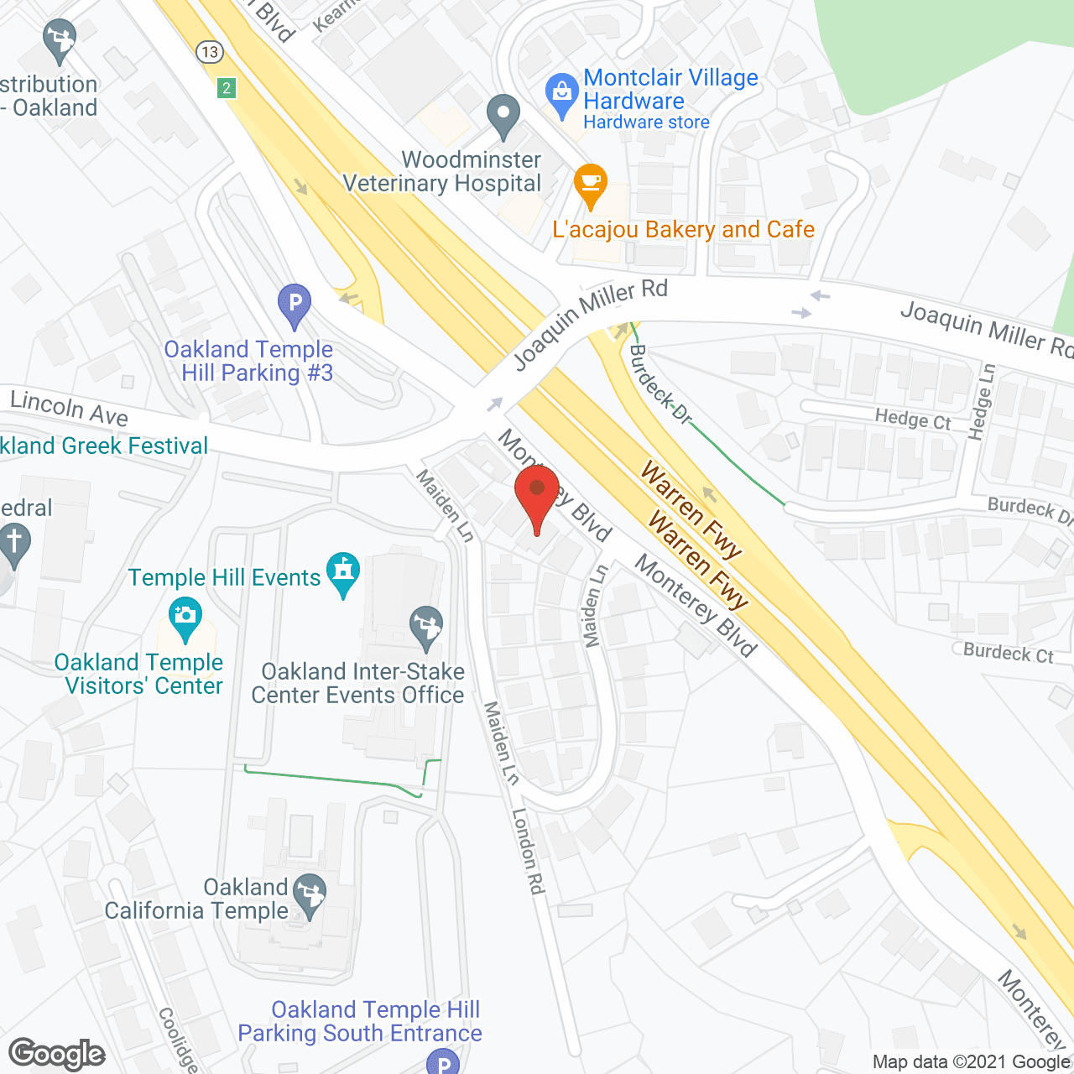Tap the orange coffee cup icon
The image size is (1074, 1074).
click(x=591, y=182)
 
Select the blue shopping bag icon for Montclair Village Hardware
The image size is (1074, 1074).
click(x=561, y=91)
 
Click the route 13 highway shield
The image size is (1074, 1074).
click(x=209, y=52)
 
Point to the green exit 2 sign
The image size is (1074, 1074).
click(x=226, y=87)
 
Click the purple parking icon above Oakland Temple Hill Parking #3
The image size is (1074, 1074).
click(x=295, y=301)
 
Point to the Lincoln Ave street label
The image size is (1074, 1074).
click(x=69, y=408)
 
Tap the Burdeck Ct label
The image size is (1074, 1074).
click(x=1008, y=653)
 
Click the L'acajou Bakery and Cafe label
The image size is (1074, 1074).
click(x=683, y=229)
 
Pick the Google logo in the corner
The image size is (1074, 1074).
click(x=57, y=1053)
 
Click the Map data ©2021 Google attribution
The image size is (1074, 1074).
click(x=972, y=1061)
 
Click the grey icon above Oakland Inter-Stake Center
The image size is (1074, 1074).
click(x=426, y=625)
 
